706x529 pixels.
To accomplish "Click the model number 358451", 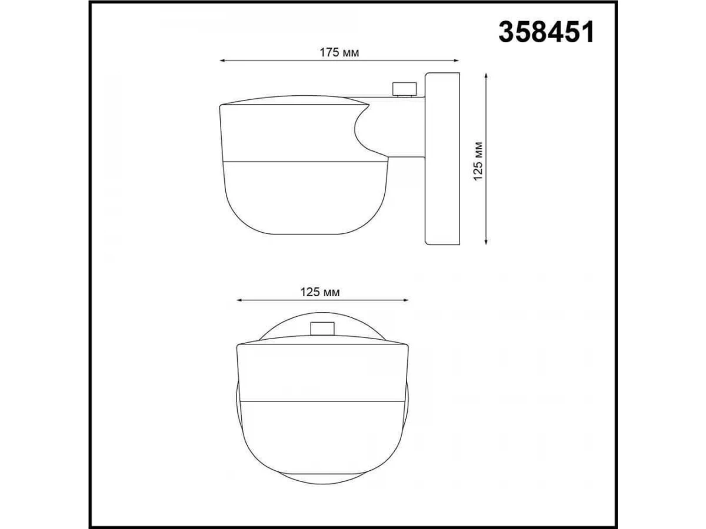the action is [546, 32].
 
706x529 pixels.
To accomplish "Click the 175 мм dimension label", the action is [339, 52].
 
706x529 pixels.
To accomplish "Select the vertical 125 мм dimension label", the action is [478, 161].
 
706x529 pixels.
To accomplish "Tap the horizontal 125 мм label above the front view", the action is [320, 292].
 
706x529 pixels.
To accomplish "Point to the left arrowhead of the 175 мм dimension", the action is [222, 61].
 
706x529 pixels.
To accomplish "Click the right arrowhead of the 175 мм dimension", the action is [456, 61].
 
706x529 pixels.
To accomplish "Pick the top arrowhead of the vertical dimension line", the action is [486, 76].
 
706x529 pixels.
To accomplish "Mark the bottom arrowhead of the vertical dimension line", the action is [486, 242].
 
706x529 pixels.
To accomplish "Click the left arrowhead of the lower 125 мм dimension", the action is [239, 300].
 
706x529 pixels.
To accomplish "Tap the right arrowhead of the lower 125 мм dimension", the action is [405, 300].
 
